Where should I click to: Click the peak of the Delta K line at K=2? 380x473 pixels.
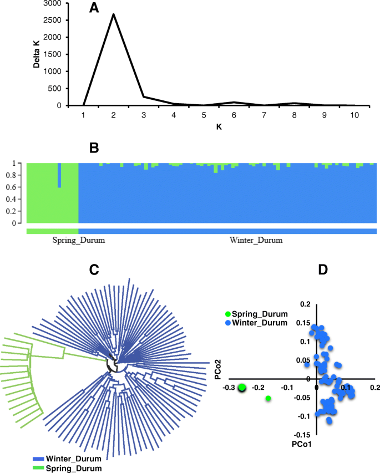(114, 14)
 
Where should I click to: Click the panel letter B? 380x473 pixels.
(94, 149)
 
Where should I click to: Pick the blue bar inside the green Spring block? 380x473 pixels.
(59, 176)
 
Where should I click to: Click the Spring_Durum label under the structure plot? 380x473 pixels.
(79, 241)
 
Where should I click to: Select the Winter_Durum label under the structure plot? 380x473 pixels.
(256, 241)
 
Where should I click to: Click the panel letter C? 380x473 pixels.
(94, 269)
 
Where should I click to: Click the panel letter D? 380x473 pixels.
(323, 269)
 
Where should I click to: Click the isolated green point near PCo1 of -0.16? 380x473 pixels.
(268, 398)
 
